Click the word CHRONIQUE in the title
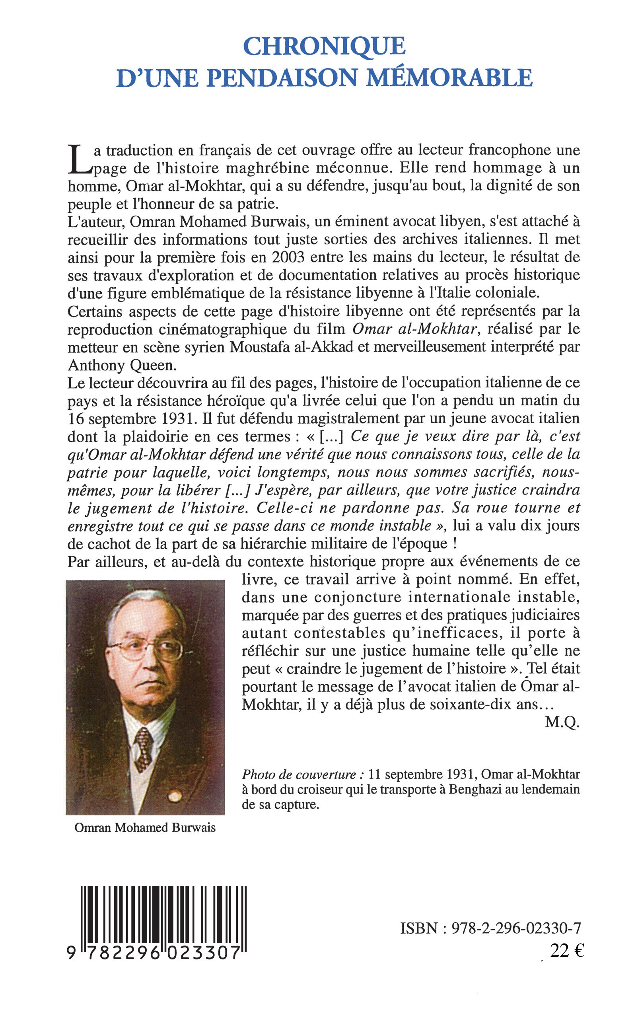click(324, 46)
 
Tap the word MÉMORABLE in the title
click(449, 78)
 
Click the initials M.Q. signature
click(562, 722)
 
